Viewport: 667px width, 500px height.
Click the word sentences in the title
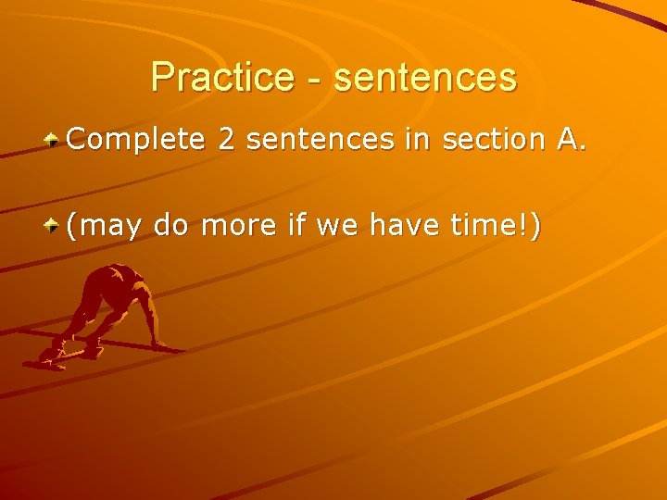425,77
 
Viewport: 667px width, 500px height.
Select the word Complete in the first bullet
135,140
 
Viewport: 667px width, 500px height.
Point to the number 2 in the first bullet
227,140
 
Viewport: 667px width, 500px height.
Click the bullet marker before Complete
55,141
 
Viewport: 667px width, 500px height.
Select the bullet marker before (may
55,224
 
